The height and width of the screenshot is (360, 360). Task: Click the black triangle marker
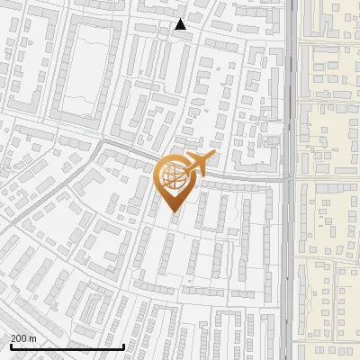click(181, 25)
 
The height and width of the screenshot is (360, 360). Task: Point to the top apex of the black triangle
click(181, 19)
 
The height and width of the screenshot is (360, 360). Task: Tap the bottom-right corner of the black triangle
click(187, 31)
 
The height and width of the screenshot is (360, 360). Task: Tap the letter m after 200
click(32, 338)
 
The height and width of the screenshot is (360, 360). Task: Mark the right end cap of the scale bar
click(123, 346)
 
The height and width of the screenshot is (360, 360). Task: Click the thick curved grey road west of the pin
click(117, 148)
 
